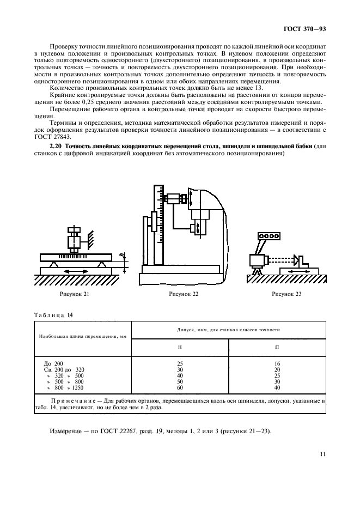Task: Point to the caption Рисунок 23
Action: pyautogui.click(x=286, y=294)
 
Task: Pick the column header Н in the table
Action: pyautogui.click(x=180, y=347)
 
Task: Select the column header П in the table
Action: pyautogui.click(x=278, y=347)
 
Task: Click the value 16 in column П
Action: pyautogui.click(x=277, y=363)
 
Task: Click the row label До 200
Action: pyautogui.click(x=53, y=363)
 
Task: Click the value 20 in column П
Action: pyautogui.click(x=277, y=369)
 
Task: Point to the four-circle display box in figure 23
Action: pyautogui.click(x=268, y=236)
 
